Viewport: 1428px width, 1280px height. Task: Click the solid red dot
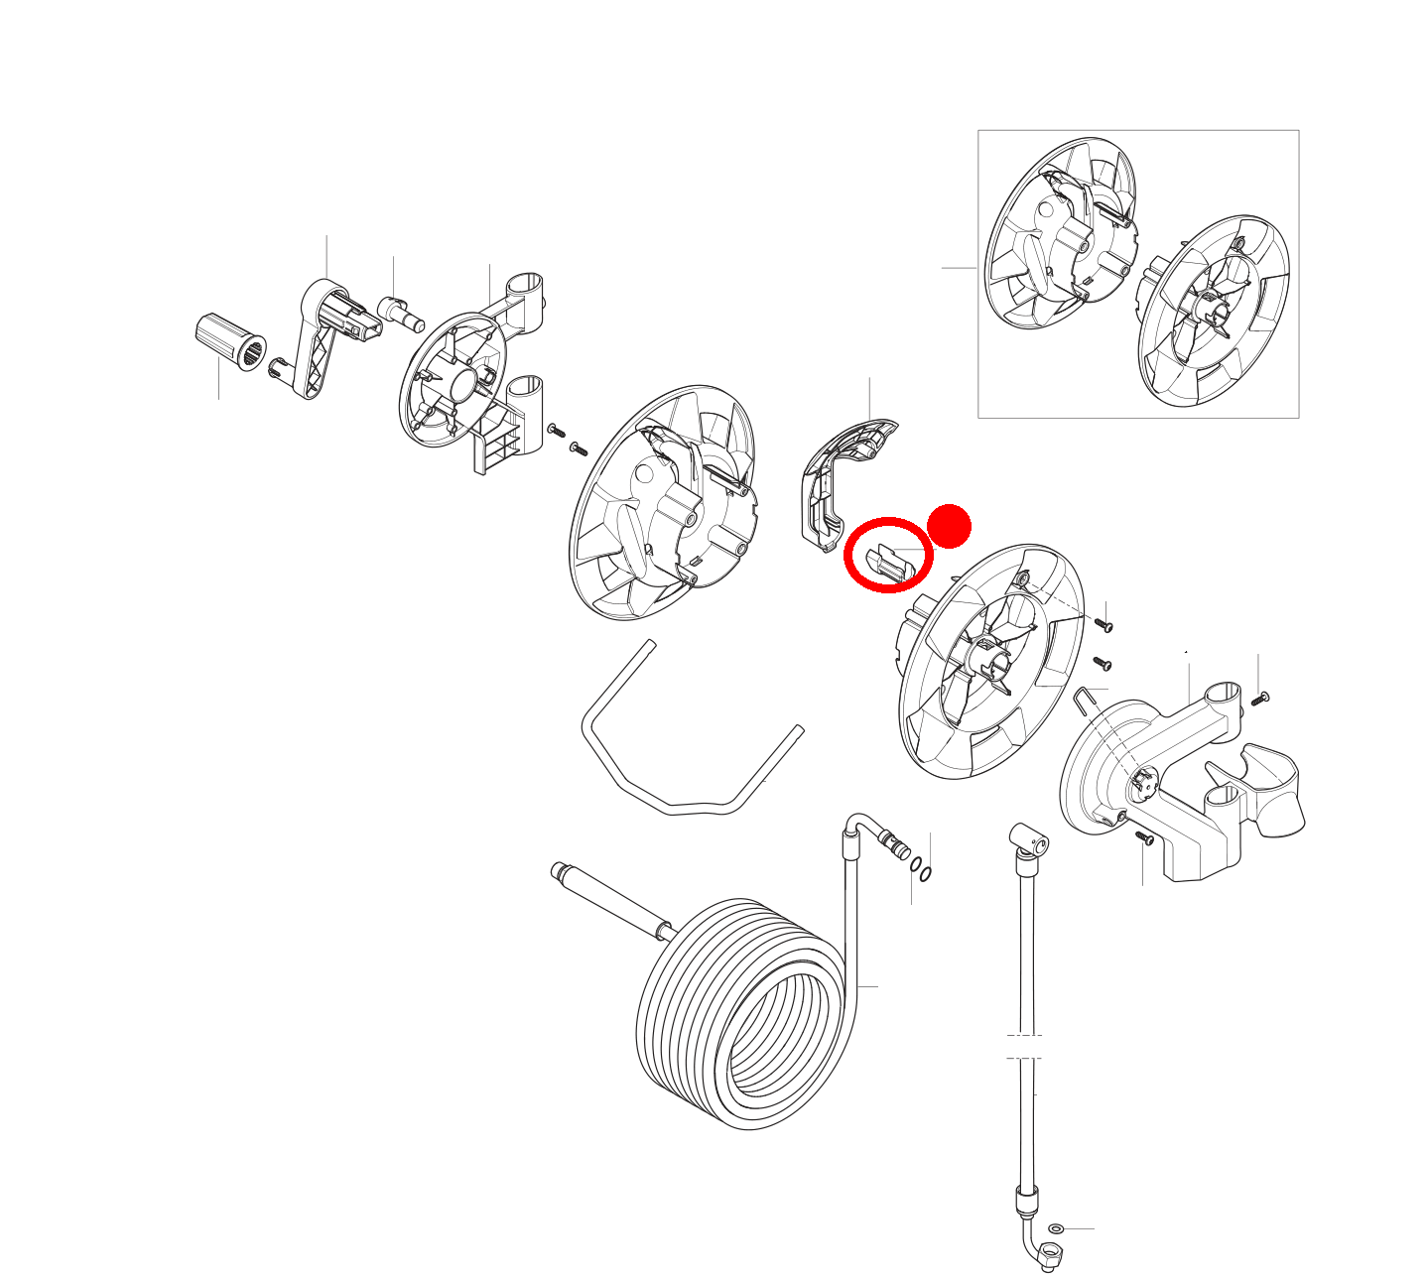pyautogui.click(x=949, y=526)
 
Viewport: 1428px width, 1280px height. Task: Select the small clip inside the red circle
pyautogui.click(x=889, y=562)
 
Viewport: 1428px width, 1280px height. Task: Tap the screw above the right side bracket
pyautogui.click(x=1260, y=698)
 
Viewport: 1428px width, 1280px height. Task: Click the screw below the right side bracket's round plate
pyautogui.click(x=1143, y=838)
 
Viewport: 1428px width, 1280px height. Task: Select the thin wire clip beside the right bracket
pyautogui.click(x=1090, y=699)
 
